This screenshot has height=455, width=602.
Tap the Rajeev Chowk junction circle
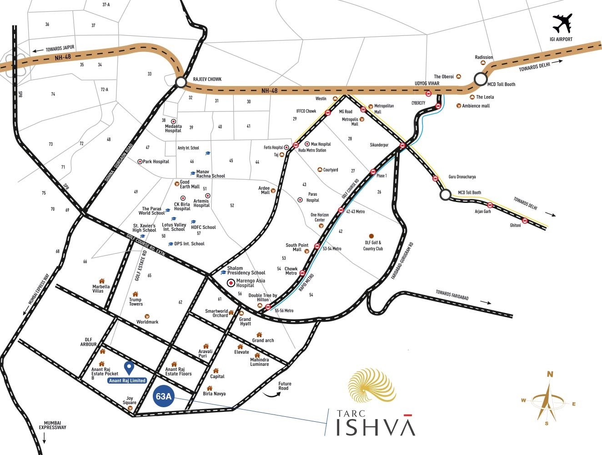[x=181, y=82]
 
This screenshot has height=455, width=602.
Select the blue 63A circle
[x=163, y=396]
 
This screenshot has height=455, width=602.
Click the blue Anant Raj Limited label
[x=127, y=380]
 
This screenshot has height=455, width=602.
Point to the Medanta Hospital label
[x=173, y=128]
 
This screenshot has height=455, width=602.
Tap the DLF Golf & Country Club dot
[x=371, y=236]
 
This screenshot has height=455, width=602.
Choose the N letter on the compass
[x=550, y=374]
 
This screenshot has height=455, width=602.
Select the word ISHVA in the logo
[x=376, y=427]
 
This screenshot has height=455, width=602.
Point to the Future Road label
[x=285, y=386]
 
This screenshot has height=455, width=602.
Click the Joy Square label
[x=130, y=400]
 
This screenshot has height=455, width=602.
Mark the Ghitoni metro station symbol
[x=525, y=221]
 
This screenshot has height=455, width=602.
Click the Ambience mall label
[x=476, y=106]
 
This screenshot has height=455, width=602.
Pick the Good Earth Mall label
[x=190, y=184]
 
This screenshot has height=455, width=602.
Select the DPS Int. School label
[x=189, y=244]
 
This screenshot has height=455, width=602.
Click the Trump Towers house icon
[x=135, y=294]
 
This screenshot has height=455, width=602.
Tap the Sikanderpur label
[x=379, y=145]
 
